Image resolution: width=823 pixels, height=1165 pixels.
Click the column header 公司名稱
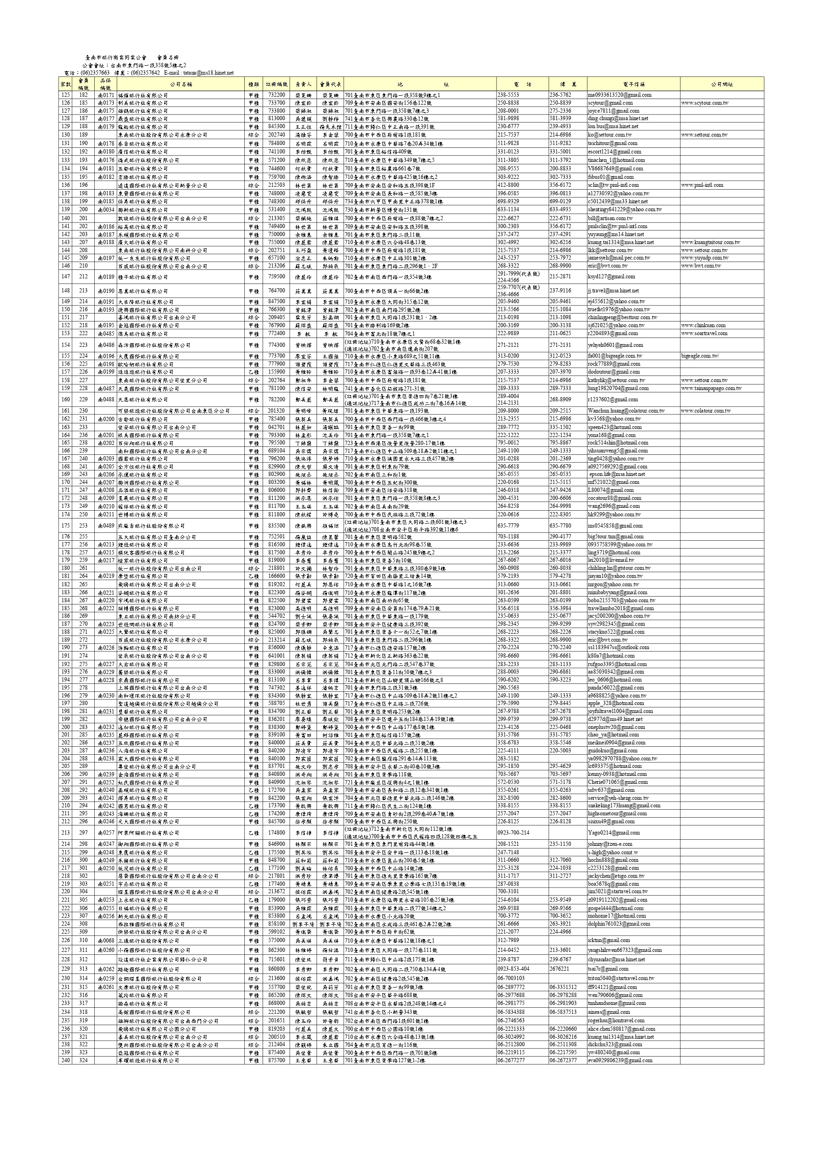tap(181, 84)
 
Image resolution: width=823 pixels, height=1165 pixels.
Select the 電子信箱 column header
tap(634, 84)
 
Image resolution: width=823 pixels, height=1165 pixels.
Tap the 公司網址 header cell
tap(722, 84)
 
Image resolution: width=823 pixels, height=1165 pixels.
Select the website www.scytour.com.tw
tap(705, 103)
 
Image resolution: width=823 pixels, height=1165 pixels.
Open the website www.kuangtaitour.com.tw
tap(710, 243)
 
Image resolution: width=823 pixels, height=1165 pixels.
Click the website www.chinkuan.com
tap(703, 326)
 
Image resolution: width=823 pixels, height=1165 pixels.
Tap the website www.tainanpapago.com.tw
tap(711, 389)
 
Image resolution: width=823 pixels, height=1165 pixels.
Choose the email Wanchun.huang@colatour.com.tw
tap(626, 411)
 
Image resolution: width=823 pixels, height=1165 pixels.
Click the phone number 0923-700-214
tap(513, 833)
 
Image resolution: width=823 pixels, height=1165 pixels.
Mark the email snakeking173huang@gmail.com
tap(624, 805)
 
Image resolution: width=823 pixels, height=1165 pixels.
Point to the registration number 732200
tap(276, 95)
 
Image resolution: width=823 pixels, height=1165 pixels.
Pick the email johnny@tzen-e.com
tap(610, 844)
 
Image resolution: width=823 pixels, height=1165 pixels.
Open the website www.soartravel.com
tap(704, 334)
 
